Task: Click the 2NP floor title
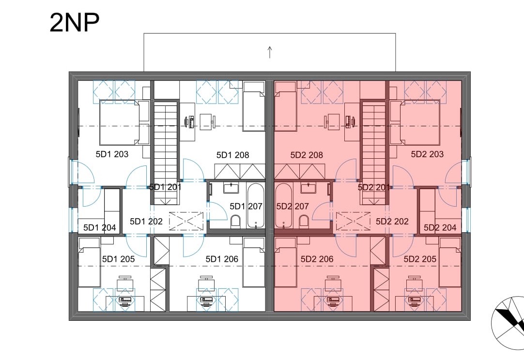point(75,23)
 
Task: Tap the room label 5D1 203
point(112,154)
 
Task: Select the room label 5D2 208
point(307,155)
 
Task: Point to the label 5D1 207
point(246,206)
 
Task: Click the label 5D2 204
point(440,227)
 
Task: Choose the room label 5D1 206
point(222,259)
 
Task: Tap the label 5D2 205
point(420,259)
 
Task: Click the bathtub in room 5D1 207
point(256,205)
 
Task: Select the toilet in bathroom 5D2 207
point(304,222)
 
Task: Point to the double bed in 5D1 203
point(119,122)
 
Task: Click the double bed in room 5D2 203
point(420,122)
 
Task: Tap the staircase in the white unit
point(166,153)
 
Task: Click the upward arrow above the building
point(270,52)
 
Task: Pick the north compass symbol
point(508,323)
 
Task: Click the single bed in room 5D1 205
point(89,262)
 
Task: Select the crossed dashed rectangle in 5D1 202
point(186,221)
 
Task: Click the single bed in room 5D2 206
point(285,262)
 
